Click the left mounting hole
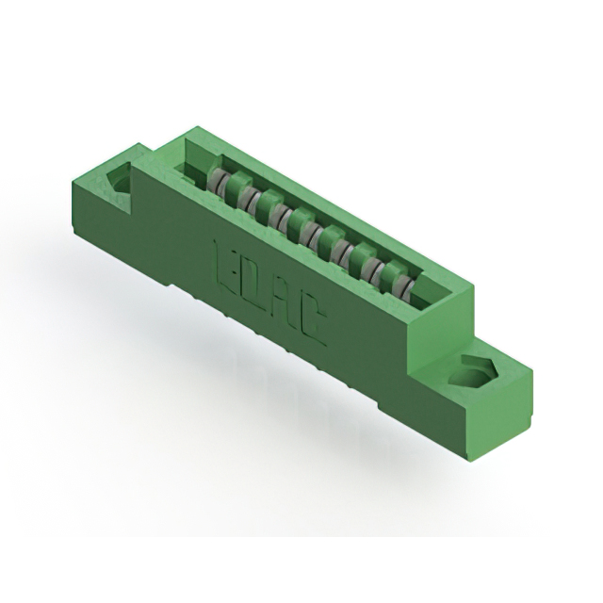tap(121, 178)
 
